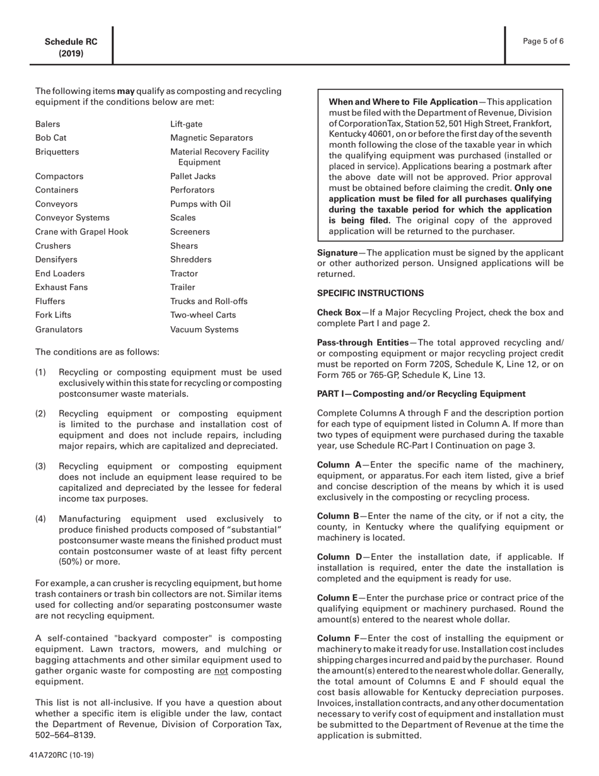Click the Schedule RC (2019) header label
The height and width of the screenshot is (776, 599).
tap(71, 47)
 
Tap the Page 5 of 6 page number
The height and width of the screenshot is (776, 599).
tap(543, 42)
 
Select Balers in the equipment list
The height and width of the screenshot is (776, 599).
tap(48, 124)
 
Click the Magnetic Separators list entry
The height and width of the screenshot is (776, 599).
tap(211, 138)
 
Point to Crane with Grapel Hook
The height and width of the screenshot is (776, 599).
tap(81, 232)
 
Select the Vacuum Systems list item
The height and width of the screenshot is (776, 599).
tap(204, 329)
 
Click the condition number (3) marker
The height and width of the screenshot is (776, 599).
tap(40, 466)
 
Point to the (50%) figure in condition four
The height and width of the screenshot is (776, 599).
tap(47, 561)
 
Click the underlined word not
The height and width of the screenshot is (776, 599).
tap(221, 671)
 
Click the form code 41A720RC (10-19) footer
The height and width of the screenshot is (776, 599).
tap(62, 755)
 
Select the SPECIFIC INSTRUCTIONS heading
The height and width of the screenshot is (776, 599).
tap(370, 293)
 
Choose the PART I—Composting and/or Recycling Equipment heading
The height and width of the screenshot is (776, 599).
tap(421, 394)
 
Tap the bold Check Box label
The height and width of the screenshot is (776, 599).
tap(339, 312)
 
